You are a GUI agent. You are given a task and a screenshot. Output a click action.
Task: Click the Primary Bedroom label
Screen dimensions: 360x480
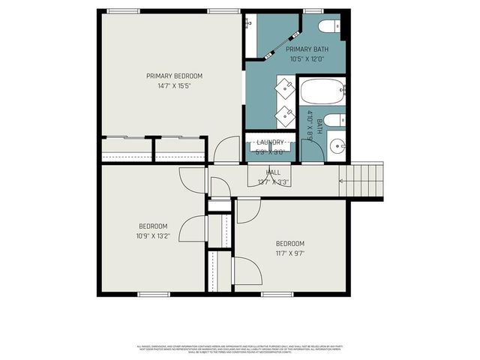coord(174,76)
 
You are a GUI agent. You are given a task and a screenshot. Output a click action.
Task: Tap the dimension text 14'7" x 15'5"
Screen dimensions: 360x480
coord(174,86)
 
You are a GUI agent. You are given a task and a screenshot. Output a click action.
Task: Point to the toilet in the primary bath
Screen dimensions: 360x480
coord(327,28)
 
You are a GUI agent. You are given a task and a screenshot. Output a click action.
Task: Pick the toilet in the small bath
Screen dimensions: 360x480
coord(335,121)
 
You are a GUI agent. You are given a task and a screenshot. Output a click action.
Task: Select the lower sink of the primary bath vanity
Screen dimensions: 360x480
coord(286,115)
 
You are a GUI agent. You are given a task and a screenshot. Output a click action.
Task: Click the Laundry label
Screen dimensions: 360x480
coord(270,142)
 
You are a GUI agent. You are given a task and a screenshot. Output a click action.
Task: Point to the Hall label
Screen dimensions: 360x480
coord(273,172)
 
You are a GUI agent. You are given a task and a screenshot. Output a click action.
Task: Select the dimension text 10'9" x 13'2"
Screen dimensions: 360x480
coord(153,236)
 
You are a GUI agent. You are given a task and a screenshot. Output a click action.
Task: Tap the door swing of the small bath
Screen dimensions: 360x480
coord(313,150)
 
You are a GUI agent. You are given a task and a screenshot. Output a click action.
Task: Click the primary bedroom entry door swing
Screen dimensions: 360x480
coord(226,152)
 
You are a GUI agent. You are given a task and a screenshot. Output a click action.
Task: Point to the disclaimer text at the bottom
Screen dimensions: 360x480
coord(240,348)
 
